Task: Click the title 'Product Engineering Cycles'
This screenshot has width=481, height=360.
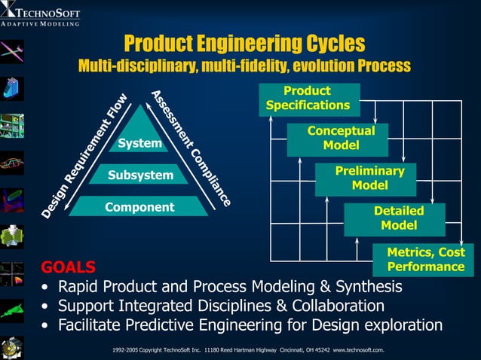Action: [x=244, y=43]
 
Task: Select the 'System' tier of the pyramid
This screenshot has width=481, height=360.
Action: [x=139, y=143]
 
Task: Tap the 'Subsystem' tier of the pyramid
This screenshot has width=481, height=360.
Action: [x=139, y=175]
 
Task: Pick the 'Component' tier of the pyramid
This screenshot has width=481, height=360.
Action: [x=139, y=207]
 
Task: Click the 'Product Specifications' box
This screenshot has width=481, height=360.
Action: [x=308, y=99]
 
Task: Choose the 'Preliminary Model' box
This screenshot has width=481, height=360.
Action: [x=369, y=178]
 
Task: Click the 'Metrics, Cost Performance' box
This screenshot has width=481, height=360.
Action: [x=425, y=260]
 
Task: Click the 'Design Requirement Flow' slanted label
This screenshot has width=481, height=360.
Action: [x=84, y=157]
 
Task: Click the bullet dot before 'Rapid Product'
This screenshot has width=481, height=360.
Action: [x=47, y=288]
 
